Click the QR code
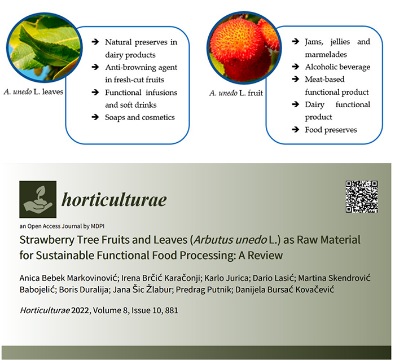pos(362,196)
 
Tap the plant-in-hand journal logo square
pos(38,199)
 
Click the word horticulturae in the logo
pos(114,200)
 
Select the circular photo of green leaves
pos(45,47)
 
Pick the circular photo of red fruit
pos(244,47)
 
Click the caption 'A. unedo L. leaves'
pos(33,92)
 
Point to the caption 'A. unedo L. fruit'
pos(236,93)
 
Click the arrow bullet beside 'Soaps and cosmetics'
pos(95,117)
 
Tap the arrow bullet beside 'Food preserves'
pos(296,129)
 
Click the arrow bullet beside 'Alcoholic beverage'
pos(296,67)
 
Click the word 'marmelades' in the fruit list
pos(326,54)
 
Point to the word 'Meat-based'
pos(324,80)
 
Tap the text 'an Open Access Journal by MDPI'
pos(62,226)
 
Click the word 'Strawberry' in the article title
pos(47,240)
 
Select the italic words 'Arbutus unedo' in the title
pos(230,240)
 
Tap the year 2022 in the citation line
pos(80,310)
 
